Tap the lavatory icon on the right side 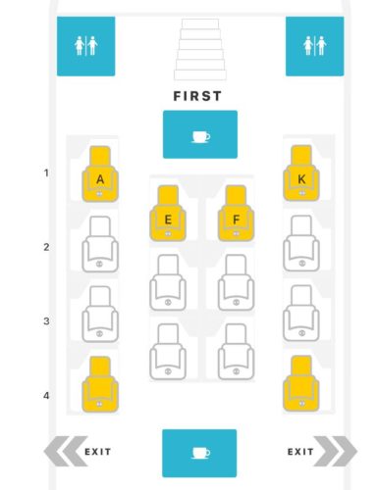(314, 46)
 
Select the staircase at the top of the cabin (199, 49)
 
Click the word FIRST (197, 96)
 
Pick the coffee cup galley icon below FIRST (199, 134)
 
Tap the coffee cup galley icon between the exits (199, 453)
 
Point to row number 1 (46, 173)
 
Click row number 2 (46, 247)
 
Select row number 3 (46, 321)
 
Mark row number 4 (46, 396)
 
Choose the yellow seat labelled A (100, 175)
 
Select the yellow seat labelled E (168, 215)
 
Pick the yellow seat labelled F (235, 215)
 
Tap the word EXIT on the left (97, 452)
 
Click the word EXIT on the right (300, 452)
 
